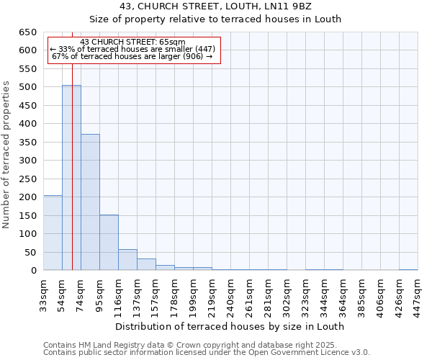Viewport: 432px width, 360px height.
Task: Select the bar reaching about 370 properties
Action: pyautogui.click(x=90, y=202)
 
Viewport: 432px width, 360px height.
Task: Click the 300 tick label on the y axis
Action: pyautogui.click(x=27, y=161)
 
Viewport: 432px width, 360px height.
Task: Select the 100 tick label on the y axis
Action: pyautogui.click(x=27, y=234)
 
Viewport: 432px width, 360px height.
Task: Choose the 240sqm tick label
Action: pyautogui.click(x=230, y=294)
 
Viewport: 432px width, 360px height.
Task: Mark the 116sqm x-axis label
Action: pyautogui.click(x=118, y=294)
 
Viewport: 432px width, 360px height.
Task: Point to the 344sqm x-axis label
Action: pyautogui.click(x=324, y=294)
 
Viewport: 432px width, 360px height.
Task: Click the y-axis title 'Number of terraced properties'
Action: pyautogui.click(x=7, y=155)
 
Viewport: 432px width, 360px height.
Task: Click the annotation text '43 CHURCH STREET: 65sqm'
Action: pyautogui.click(x=133, y=42)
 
